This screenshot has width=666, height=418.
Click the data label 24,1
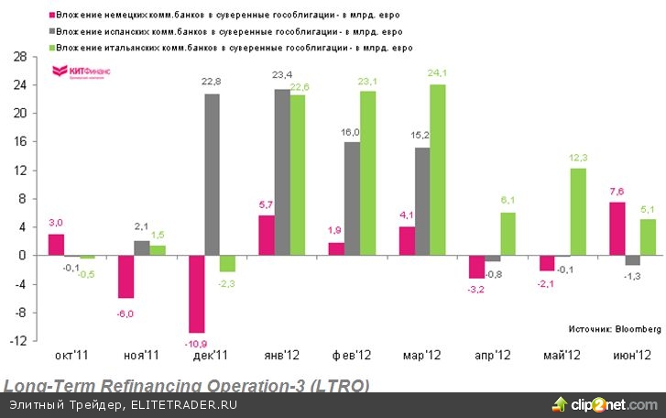[437, 74]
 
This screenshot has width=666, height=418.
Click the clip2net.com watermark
[608, 404]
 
